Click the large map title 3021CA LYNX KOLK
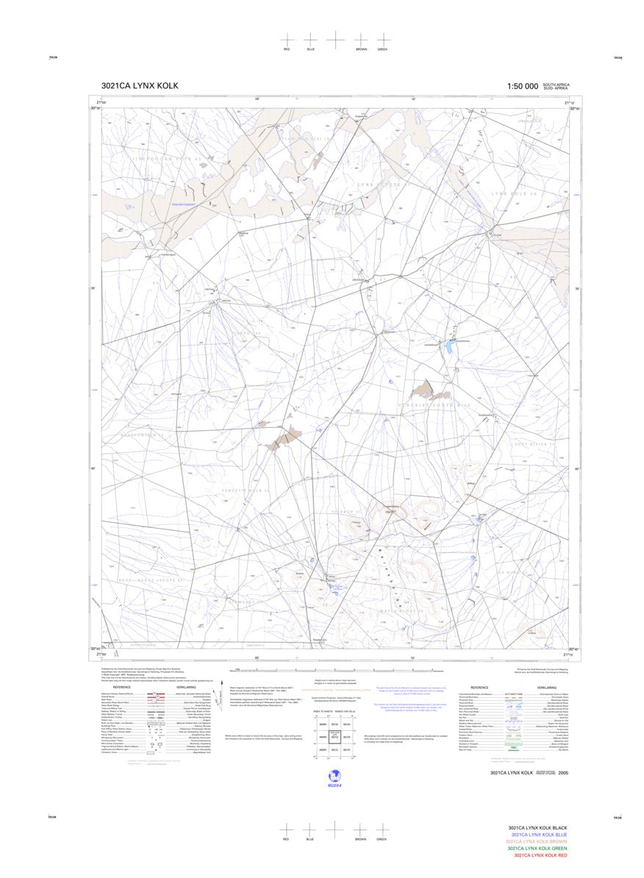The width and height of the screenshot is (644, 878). pyautogui.click(x=140, y=86)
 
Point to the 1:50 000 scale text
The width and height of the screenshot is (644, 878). pyautogui.click(x=522, y=86)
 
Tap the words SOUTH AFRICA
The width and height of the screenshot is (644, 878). pyautogui.click(x=556, y=85)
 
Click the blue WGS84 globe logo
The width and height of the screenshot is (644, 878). pyautogui.click(x=335, y=776)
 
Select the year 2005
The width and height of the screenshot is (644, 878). pyautogui.click(x=563, y=773)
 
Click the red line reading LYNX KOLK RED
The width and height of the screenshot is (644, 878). pyautogui.click(x=540, y=855)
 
